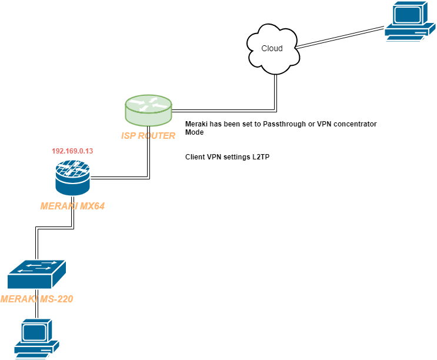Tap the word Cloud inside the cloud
coord(272,48)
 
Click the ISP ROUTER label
coord(149,136)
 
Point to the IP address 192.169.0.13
coord(72,151)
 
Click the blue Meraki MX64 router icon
coord(73,179)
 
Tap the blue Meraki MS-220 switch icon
coord(36,274)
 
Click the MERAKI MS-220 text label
coord(36,299)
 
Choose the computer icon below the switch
coord(36,339)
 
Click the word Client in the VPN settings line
coord(195,158)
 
